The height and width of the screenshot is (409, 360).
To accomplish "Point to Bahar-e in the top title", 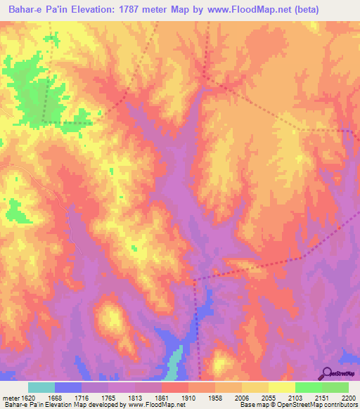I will click(24, 10).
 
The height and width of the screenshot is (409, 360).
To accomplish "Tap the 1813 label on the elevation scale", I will click(136, 398).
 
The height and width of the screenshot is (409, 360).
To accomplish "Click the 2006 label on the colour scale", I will click(243, 398).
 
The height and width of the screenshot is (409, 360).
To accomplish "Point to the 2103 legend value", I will click(296, 398).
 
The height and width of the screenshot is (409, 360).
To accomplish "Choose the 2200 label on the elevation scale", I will click(348, 398).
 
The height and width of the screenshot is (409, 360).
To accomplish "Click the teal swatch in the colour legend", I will click(41, 387).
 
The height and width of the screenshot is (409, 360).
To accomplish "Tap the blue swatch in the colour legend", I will click(68, 387).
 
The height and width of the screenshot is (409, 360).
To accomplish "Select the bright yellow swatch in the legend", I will click(281, 387).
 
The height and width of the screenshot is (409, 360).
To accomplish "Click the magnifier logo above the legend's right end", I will click(327, 372).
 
